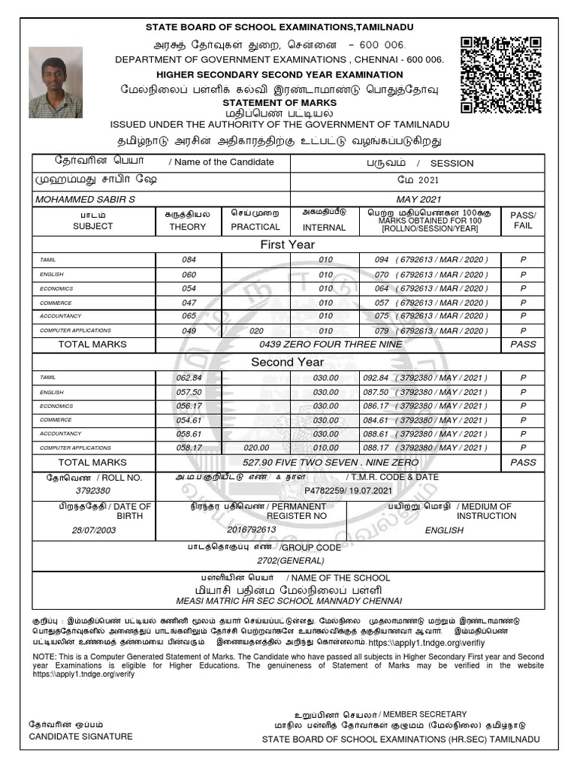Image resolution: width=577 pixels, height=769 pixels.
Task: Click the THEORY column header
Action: coord(188,226)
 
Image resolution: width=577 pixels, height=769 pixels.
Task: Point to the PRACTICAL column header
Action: coord(255,226)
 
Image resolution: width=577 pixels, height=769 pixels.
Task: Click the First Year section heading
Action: coord(287,244)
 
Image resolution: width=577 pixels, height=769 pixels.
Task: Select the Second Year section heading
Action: coord(287,362)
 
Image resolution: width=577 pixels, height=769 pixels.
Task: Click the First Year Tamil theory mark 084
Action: coord(189,259)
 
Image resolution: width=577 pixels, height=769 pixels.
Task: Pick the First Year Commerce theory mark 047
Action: coord(189,302)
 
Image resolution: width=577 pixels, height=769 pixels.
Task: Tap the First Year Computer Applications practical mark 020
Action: coord(256,330)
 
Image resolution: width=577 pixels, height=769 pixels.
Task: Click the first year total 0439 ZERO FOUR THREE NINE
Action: coord(330,344)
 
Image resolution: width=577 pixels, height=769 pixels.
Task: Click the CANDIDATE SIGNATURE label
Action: coord(80,736)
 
